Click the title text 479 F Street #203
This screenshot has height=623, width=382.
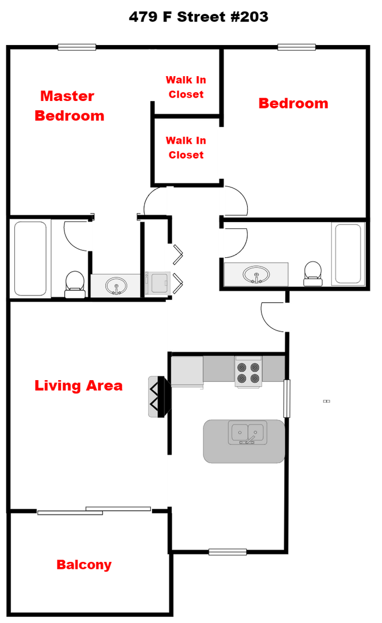pyautogui.click(x=198, y=17)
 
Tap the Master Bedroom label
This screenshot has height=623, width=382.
pyautogui.click(x=69, y=106)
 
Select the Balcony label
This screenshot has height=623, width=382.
pyautogui.click(x=84, y=565)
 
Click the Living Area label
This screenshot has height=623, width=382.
pyautogui.click(x=78, y=385)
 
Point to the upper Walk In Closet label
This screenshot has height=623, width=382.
pyautogui.click(x=186, y=87)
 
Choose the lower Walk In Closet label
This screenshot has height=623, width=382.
pyautogui.click(x=186, y=148)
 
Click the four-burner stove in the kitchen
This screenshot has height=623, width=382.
pyautogui.click(x=248, y=372)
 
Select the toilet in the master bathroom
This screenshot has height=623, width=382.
pyautogui.click(x=74, y=284)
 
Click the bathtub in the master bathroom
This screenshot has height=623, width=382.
pyautogui.click(x=31, y=258)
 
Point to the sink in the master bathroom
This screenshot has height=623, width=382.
pyautogui.click(x=116, y=286)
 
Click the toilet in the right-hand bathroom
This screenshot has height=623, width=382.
pyautogui.click(x=313, y=273)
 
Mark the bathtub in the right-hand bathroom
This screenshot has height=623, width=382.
pyautogui.click(x=348, y=254)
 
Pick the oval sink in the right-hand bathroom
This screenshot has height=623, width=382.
pyautogui.click(x=256, y=275)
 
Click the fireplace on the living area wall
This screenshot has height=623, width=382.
pyautogui.click(x=160, y=396)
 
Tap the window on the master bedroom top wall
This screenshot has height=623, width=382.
pyautogui.click(x=77, y=47)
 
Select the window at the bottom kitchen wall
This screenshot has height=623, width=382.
pyautogui.click(x=227, y=551)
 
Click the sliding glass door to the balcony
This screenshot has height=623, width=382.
pyautogui.click(x=94, y=511)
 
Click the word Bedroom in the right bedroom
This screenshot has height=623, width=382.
pyautogui.click(x=293, y=103)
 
